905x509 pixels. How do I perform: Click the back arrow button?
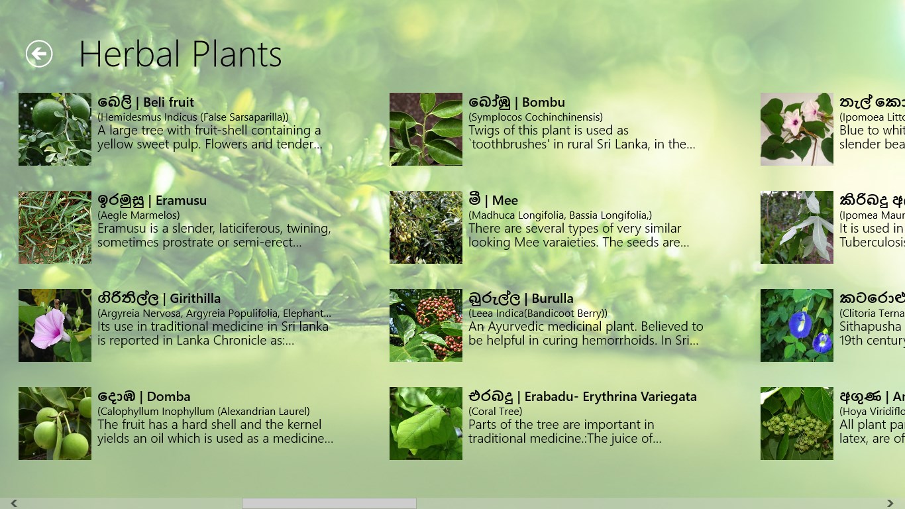point(39,54)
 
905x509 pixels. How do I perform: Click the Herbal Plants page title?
point(180,54)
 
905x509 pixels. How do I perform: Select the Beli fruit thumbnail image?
point(55,129)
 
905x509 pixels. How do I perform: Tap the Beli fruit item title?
point(146,102)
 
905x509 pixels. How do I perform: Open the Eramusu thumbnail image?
point(55,227)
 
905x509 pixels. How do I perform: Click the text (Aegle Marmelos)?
point(138,215)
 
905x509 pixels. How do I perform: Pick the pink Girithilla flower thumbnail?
point(55,325)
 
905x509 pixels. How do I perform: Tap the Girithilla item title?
point(159,298)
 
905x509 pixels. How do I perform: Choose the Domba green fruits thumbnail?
point(55,424)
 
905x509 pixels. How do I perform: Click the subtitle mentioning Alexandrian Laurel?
point(203,411)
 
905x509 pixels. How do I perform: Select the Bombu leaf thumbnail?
point(426,129)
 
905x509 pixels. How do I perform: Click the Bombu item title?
point(517,102)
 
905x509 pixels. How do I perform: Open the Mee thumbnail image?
point(426,227)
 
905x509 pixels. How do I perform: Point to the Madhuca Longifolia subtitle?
point(560,215)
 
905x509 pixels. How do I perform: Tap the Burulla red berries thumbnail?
point(426,325)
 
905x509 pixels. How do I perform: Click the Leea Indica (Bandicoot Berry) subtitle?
point(537,313)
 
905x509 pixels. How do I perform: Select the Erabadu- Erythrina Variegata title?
point(582,396)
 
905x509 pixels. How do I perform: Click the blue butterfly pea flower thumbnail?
point(797,325)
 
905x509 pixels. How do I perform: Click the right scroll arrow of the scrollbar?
point(890,504)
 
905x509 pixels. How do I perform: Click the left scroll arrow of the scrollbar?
point(14,504)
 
